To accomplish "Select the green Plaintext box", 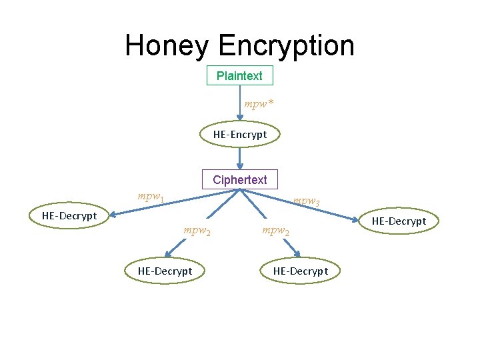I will pyautogui.click(x=240, y=76).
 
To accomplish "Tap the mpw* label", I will pyautogui.click(x=259, y=105).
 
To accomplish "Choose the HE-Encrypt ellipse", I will pyautogui.click(x=240, y=135).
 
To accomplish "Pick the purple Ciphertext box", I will pyautogui.click(x=240, y=180).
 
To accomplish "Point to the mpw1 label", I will pyautogui.click(x=151, y=197).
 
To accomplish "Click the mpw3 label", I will pyautogui.click(x=307, y=201).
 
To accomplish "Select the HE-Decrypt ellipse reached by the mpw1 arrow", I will pyautogui.click(x=69, y=215).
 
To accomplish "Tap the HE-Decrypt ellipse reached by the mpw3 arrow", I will pyautogui.click(x=399, y=221).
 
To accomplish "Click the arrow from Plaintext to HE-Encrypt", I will pyautogui.click(x=240, y=100).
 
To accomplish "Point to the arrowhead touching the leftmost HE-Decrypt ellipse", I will pyautogui.click(x=113, y=214).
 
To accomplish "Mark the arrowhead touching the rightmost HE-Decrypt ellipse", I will pyautogui.click(x=355, y=219).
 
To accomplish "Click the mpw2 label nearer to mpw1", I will pyautogui.click(x=197, y=232).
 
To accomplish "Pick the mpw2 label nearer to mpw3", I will pyautogui.click(x=275, y=232).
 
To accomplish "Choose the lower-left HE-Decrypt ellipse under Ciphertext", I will pyautogui.click(x=165, y=271).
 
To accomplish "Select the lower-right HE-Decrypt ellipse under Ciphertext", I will pyautogui.click(x=301, y=271).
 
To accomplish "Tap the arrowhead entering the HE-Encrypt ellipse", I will pyautogui.click(x=240, y=119).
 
